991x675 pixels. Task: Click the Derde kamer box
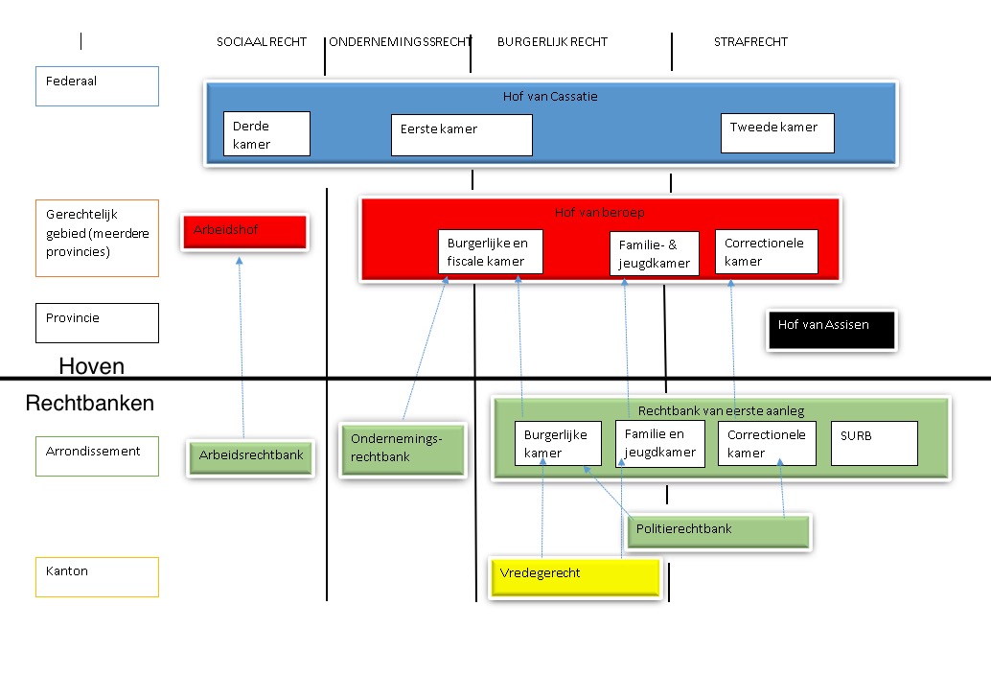click(266, 133)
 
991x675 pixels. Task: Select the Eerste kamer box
click(461, 134)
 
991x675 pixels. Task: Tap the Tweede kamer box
click(777, 132)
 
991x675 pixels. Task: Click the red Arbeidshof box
click(244, 232)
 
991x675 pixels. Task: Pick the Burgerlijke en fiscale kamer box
click(491, 251)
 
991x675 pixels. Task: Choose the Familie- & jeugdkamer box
click(655, 253)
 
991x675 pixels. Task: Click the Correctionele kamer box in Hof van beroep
click(767, 251)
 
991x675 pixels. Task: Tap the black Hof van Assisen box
click(832, 329)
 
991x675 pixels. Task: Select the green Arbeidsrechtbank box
click(251, 457)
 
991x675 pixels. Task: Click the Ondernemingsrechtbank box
click(403, 450)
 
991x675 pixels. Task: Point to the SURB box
click(874, 444)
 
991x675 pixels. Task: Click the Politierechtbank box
click(718, 532)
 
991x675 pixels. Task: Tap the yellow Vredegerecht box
click(575, 577)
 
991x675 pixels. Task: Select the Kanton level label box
click(98, 577)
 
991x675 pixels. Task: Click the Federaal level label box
click(98, 86)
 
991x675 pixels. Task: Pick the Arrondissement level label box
click(98, 456)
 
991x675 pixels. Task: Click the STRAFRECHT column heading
click(750, 42)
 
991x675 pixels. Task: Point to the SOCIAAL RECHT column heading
click(262, 42)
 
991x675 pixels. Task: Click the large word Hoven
click(92, 366)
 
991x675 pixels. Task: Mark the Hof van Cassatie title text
click(550, 97)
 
